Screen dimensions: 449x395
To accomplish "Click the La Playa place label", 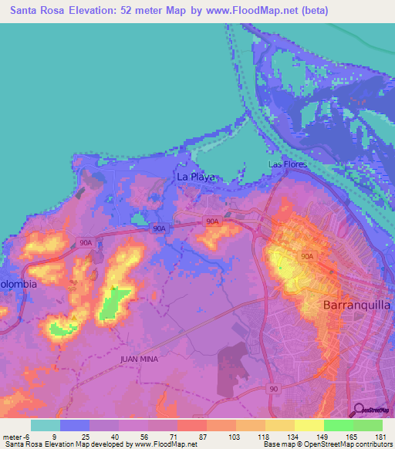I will tap(194, 177).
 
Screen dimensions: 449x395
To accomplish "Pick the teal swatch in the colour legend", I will tap(45, 425).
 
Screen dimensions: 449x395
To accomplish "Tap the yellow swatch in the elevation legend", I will tap(309, 425).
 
